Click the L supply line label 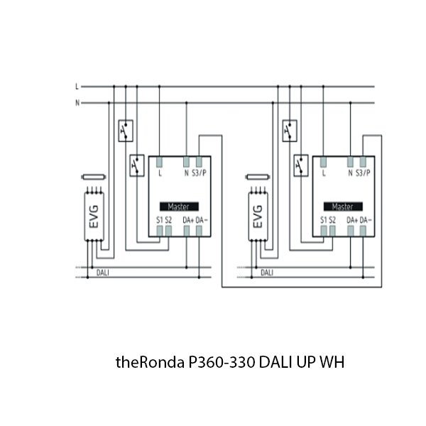click(77, 87)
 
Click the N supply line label click(77, 103)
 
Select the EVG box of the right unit click(258, 215)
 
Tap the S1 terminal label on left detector click(159, 219)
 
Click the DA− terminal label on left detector click(201, 219)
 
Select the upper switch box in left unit click(126, 131)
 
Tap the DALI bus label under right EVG click(267, 272)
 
